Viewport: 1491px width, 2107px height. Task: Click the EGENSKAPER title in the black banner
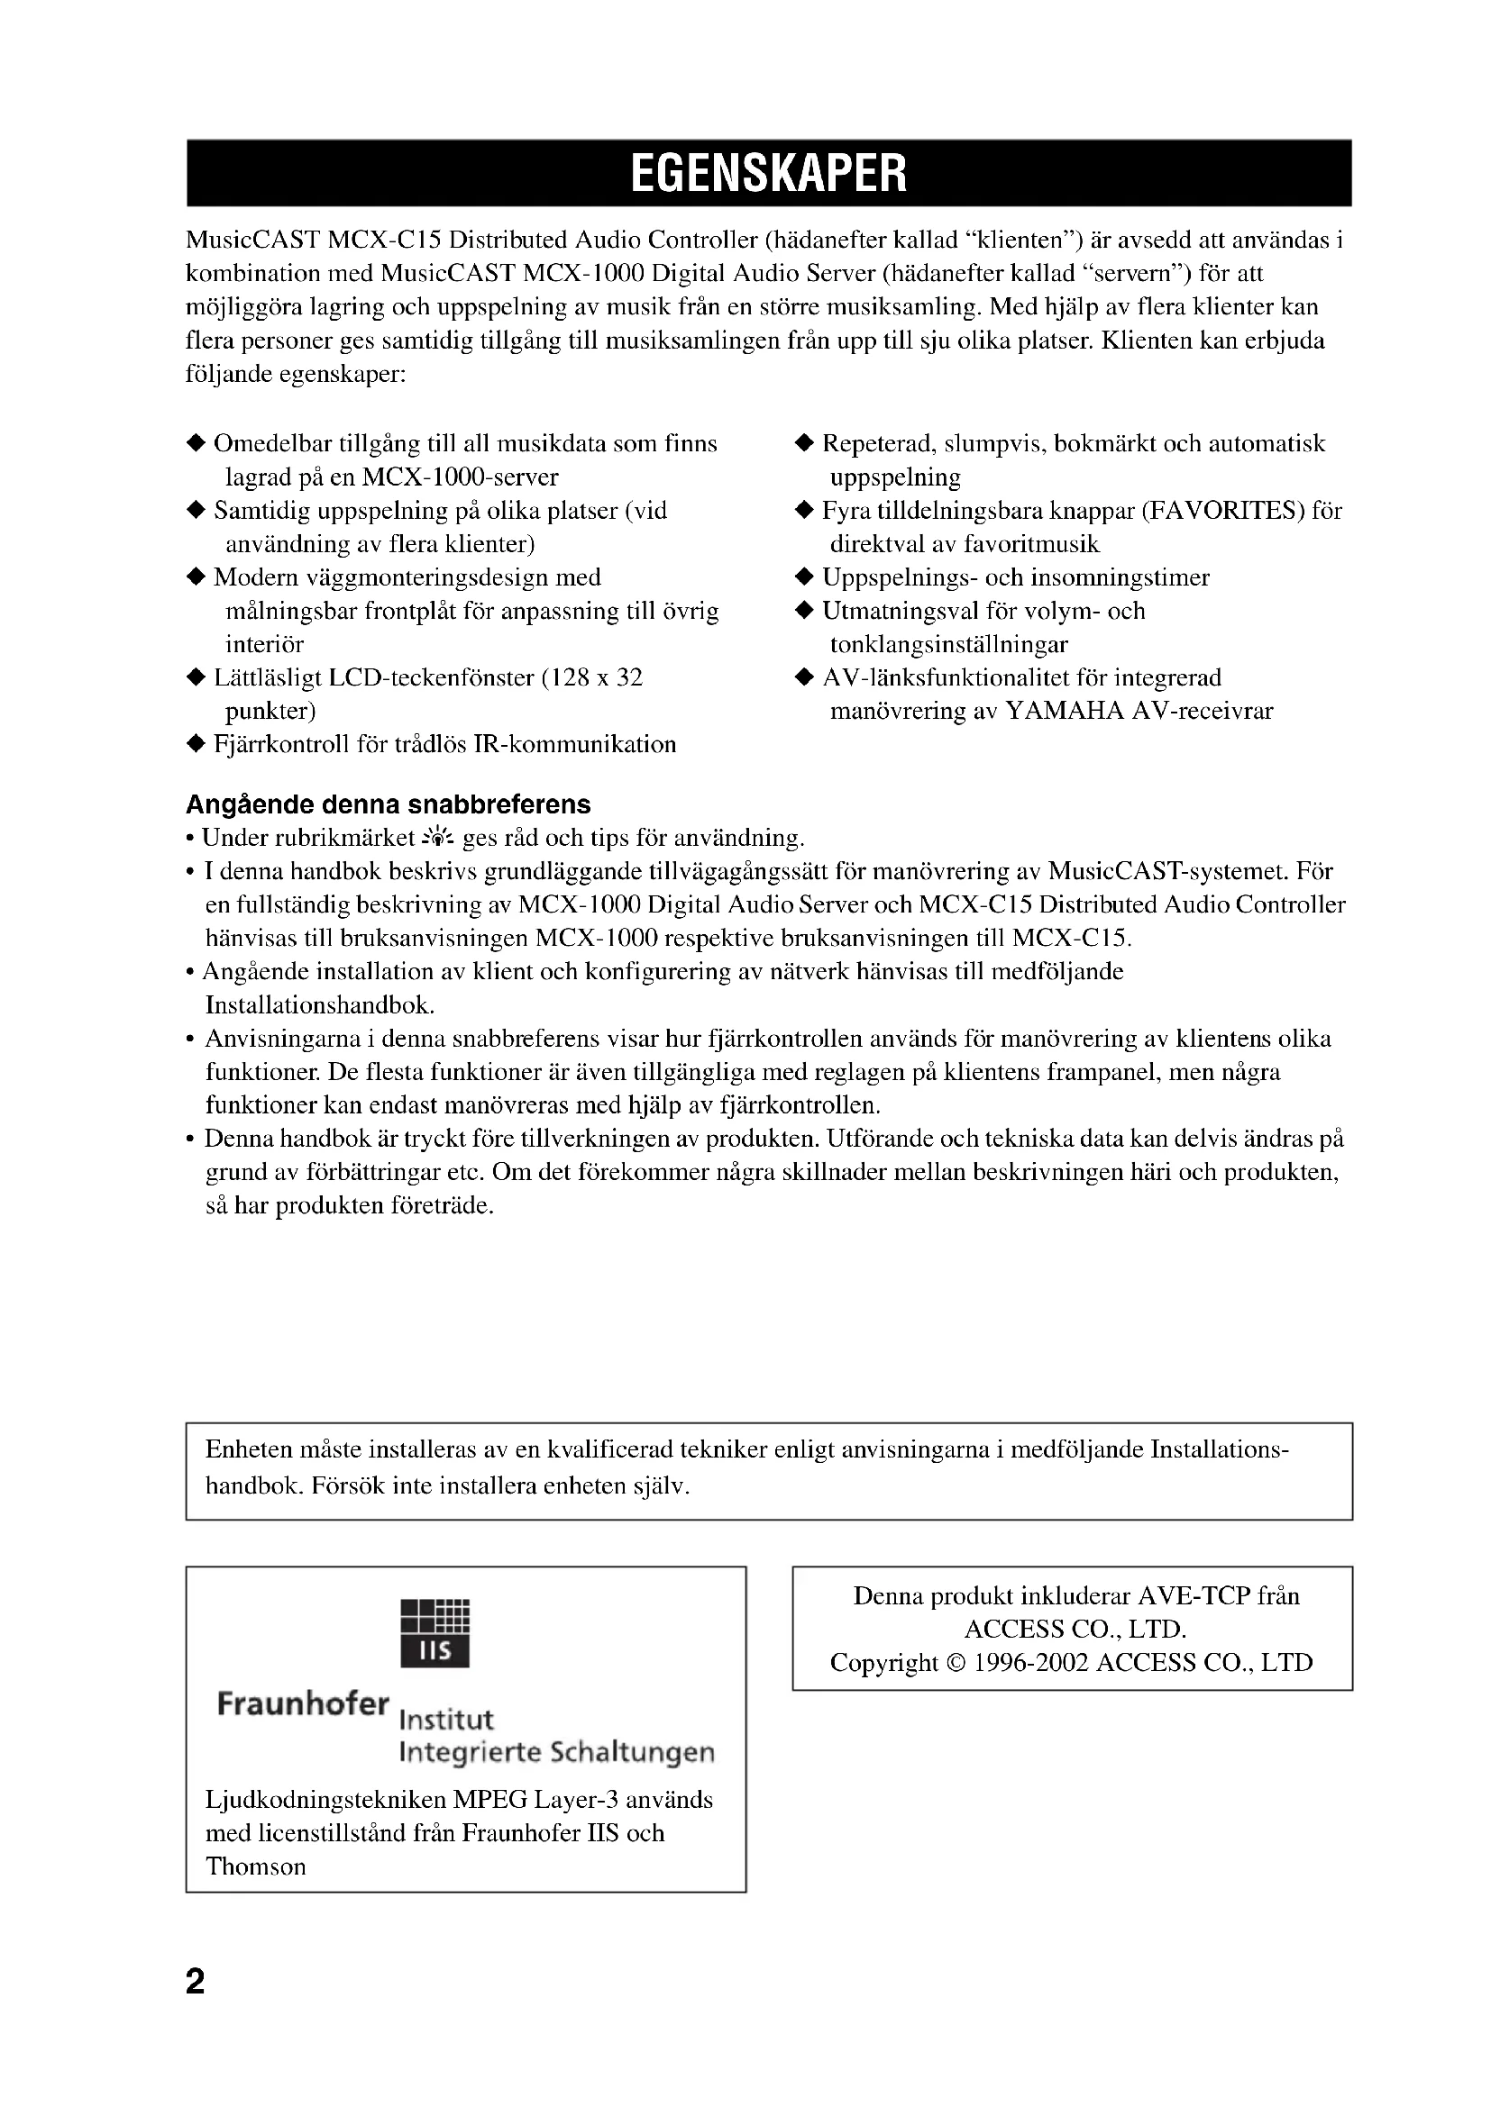[x=768, y=173]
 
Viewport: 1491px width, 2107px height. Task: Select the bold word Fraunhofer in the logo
[x=303, y=1703]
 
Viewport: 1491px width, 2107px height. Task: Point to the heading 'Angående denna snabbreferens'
[x=388, y=804]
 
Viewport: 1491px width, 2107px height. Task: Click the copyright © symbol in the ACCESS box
[x=955, y=1663]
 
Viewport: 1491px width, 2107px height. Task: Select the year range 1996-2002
[x=1030, y=1663]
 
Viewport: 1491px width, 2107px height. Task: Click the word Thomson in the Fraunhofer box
[x=255, y=1866]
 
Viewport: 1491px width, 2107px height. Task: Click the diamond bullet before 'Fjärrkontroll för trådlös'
[x=195, y=744]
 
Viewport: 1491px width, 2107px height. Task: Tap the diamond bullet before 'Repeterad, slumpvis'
[x=803, y=444]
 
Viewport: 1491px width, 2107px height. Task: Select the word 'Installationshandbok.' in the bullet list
[x=319, y=1005]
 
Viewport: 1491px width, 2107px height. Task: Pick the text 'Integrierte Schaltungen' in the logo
[x=556, y=1752]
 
